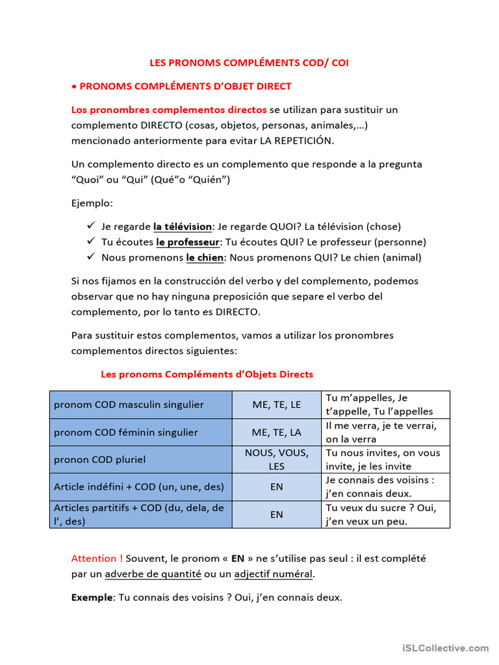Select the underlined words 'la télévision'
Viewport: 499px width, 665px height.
pyautogui.click(x=183, y=227)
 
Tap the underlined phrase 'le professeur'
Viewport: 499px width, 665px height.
pyautogui.click(x=187, y=242)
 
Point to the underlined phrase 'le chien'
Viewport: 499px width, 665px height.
pyautogui.click(x=205, y=257)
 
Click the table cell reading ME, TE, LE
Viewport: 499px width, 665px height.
pyautogui.click(x=277, y=405)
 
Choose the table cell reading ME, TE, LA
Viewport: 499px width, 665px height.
pyautogui.click(x=277, y=432)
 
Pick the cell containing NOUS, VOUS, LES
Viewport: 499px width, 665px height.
pyautogui.click(x=277, y=459)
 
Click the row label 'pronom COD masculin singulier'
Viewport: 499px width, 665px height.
pyautogui.click(x=129, y=405)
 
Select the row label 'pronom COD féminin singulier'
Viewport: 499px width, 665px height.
pyautogui.click(x=126, y=432)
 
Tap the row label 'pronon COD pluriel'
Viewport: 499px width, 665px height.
pyautogui.click(x=99, y=459)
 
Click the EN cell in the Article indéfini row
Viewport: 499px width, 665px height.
pyautogui.click(x=277, y=486)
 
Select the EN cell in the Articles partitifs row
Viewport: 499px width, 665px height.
pyautogui.click(x=277, y=514)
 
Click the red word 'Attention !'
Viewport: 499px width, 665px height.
pyautogui.click(x=97, y=558)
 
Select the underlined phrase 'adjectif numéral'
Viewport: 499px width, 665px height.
pyautogui.click(x=274, y=574)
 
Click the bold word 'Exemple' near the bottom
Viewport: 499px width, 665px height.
pyautogui.click(x=92, y=597)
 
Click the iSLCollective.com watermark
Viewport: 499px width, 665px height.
pyautogui.click(x=445, y=647)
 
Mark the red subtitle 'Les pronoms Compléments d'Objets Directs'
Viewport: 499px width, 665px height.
pyautogui.click(x=207, y=374)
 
